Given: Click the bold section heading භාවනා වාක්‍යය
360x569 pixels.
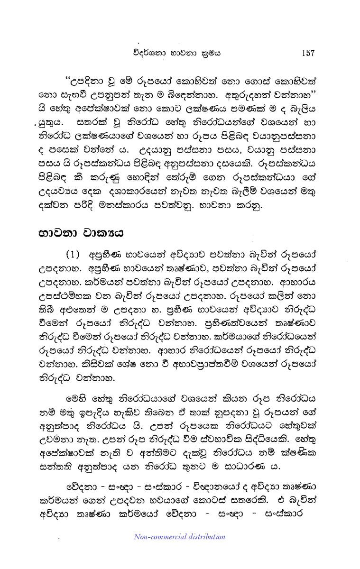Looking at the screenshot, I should tap(77, 233).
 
